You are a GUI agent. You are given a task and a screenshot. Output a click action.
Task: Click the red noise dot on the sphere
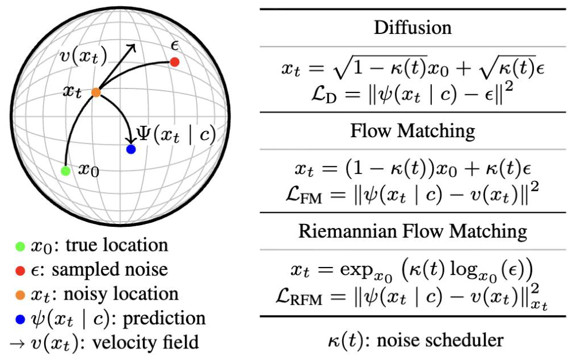(x=175, y=62)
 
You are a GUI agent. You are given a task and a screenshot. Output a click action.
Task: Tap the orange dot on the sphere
(x=96, y=92)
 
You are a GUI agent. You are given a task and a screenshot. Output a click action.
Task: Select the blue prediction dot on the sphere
(x=131, y=149)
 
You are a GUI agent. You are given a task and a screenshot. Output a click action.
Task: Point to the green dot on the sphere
(x=65, y=171)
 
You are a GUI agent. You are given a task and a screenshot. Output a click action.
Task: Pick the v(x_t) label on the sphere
(x=83, y=57)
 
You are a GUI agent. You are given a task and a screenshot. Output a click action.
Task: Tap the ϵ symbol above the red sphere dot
(x=175, y=46)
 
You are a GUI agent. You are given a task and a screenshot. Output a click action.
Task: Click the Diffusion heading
(x=413, y=28)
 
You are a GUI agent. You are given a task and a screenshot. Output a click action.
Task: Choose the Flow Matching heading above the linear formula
(x=413, y=131)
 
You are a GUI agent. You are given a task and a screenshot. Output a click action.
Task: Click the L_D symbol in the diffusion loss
(x=324, y=95)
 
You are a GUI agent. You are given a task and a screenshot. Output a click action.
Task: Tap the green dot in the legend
(x=20, y=247)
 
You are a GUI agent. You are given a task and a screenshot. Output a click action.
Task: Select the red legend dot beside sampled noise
(x=20, y=271)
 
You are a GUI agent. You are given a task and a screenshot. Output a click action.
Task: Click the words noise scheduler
(x=440, y=340)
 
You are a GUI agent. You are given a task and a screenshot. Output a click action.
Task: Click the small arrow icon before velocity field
(x=17, y=344)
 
